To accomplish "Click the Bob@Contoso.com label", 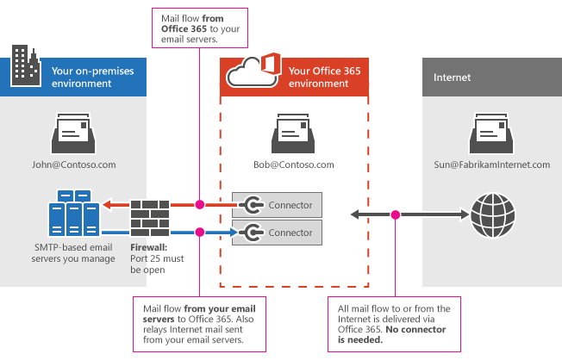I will pos(292,164).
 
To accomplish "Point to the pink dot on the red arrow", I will pos(199,205).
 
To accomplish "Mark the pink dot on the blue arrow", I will pos(199,232).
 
